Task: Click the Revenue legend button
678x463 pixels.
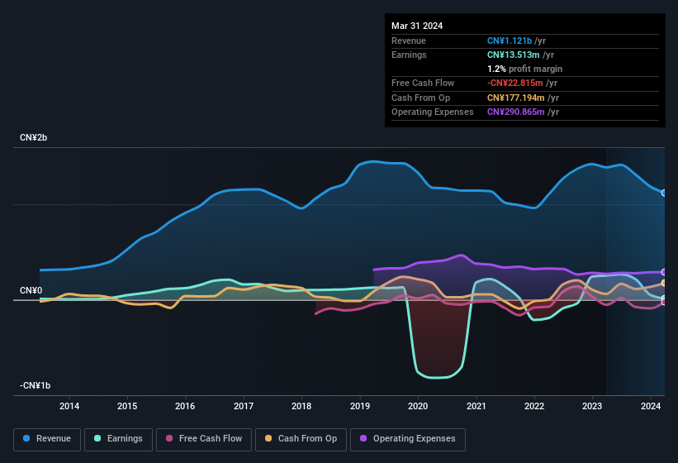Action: point(48,439)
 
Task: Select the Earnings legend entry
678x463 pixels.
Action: point(118,439)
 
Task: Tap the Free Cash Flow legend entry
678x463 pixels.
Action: point(205,439)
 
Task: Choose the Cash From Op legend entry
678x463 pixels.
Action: point(301,439)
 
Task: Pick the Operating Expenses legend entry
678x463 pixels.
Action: point(408,439)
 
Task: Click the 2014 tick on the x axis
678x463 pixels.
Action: point(69,406)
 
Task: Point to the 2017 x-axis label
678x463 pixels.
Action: point(244,406)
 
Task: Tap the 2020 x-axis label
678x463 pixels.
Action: point(418,406)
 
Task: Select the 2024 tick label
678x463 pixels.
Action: point(650,406)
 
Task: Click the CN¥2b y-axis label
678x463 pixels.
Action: point(34,137)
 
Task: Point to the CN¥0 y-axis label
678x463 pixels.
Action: point(31,290)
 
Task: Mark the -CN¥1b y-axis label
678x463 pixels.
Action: point(36,385)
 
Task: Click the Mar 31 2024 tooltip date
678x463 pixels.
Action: point(417,26)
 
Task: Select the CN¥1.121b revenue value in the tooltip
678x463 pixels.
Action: point(512,41)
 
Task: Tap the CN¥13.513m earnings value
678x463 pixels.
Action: point(515,55)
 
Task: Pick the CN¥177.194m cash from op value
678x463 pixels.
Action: point(518,98)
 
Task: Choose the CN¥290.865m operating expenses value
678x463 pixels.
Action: point(518,112)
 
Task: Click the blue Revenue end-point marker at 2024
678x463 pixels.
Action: point(664,193)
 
